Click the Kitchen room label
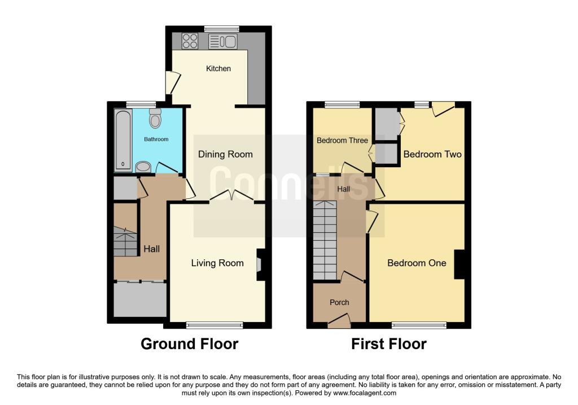tap(218, 68)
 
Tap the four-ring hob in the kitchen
tap(190, 41)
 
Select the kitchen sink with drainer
tap(222, 41)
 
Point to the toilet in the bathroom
tap(155, 117)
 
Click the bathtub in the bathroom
tap(123, 140)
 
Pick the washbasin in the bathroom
tap(143, 167)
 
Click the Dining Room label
tap(225, 154)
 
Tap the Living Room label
tap(217, 263)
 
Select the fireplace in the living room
tap(260, 264)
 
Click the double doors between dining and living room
tap(232, 196)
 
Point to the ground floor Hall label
tap(151, 249)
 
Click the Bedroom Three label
tap(342, 141)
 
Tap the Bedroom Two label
tap(432, 154)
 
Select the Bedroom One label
tap(417, 263)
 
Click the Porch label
tap(339, 302)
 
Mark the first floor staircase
tap(325, 240)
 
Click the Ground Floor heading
tap(190, 344)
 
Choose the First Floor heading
tap(388, 344)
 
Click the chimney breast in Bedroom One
tap(459, 264)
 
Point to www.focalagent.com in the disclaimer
tap(365, 393)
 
